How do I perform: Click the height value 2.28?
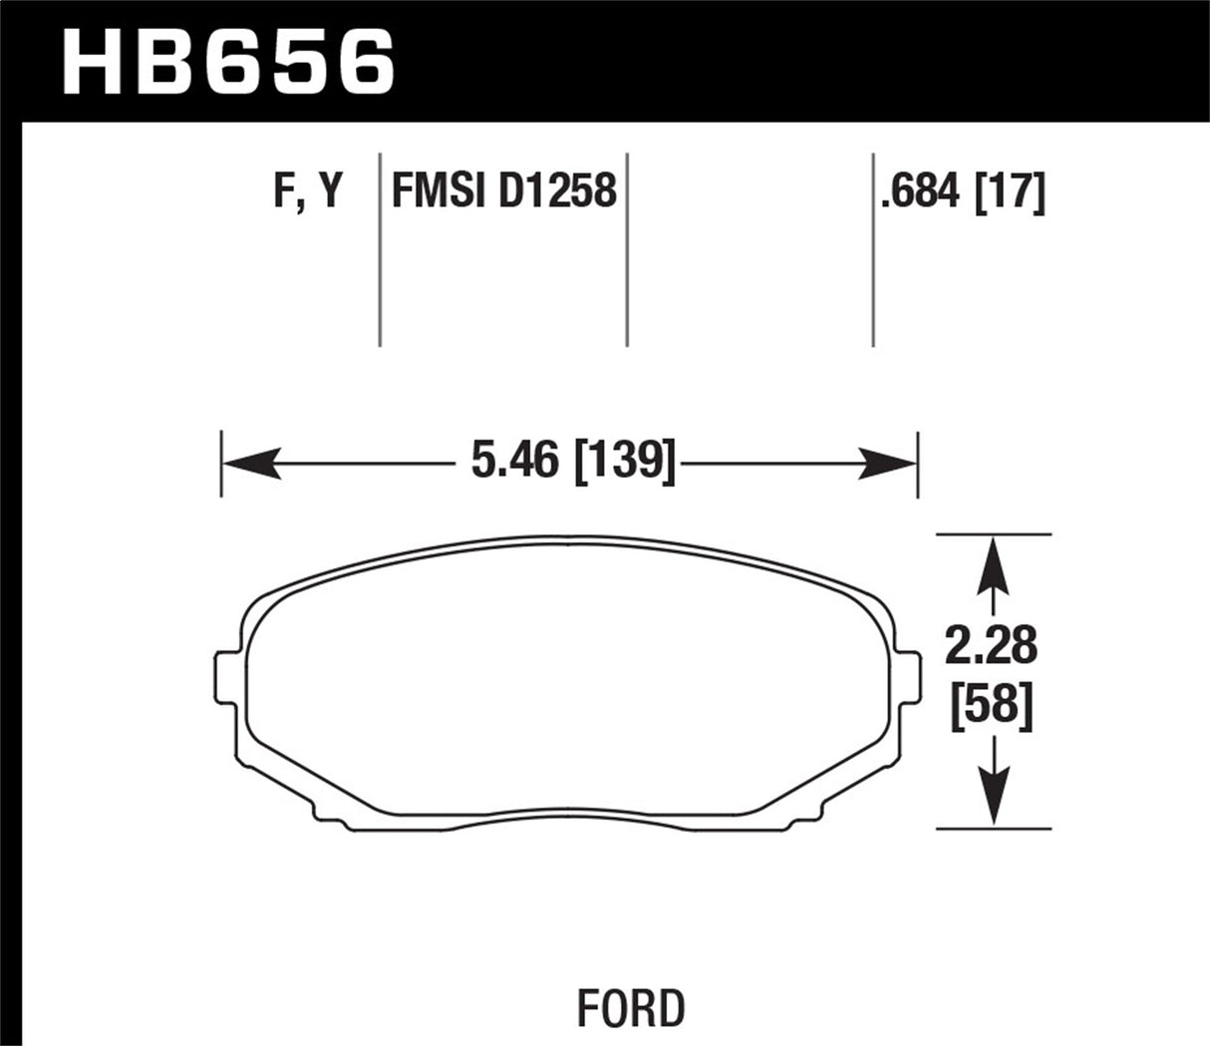992,648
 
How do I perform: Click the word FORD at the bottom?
632,1008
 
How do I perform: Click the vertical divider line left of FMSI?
381,249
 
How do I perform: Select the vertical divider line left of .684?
873,249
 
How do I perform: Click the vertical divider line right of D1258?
627,249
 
